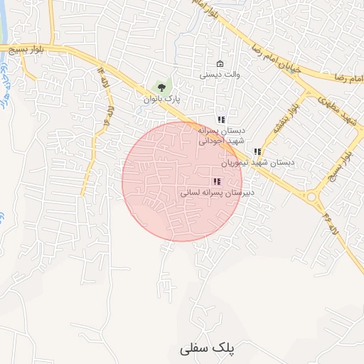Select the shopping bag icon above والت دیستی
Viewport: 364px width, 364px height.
(x=220, y=63)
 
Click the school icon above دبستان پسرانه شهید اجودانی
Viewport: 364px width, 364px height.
(x=221, y=119)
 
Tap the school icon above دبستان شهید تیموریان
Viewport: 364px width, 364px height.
(x=257, y=151)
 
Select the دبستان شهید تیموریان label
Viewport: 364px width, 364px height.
(x=257, y=163)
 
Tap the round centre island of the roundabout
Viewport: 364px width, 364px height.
(x=312, y=197)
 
